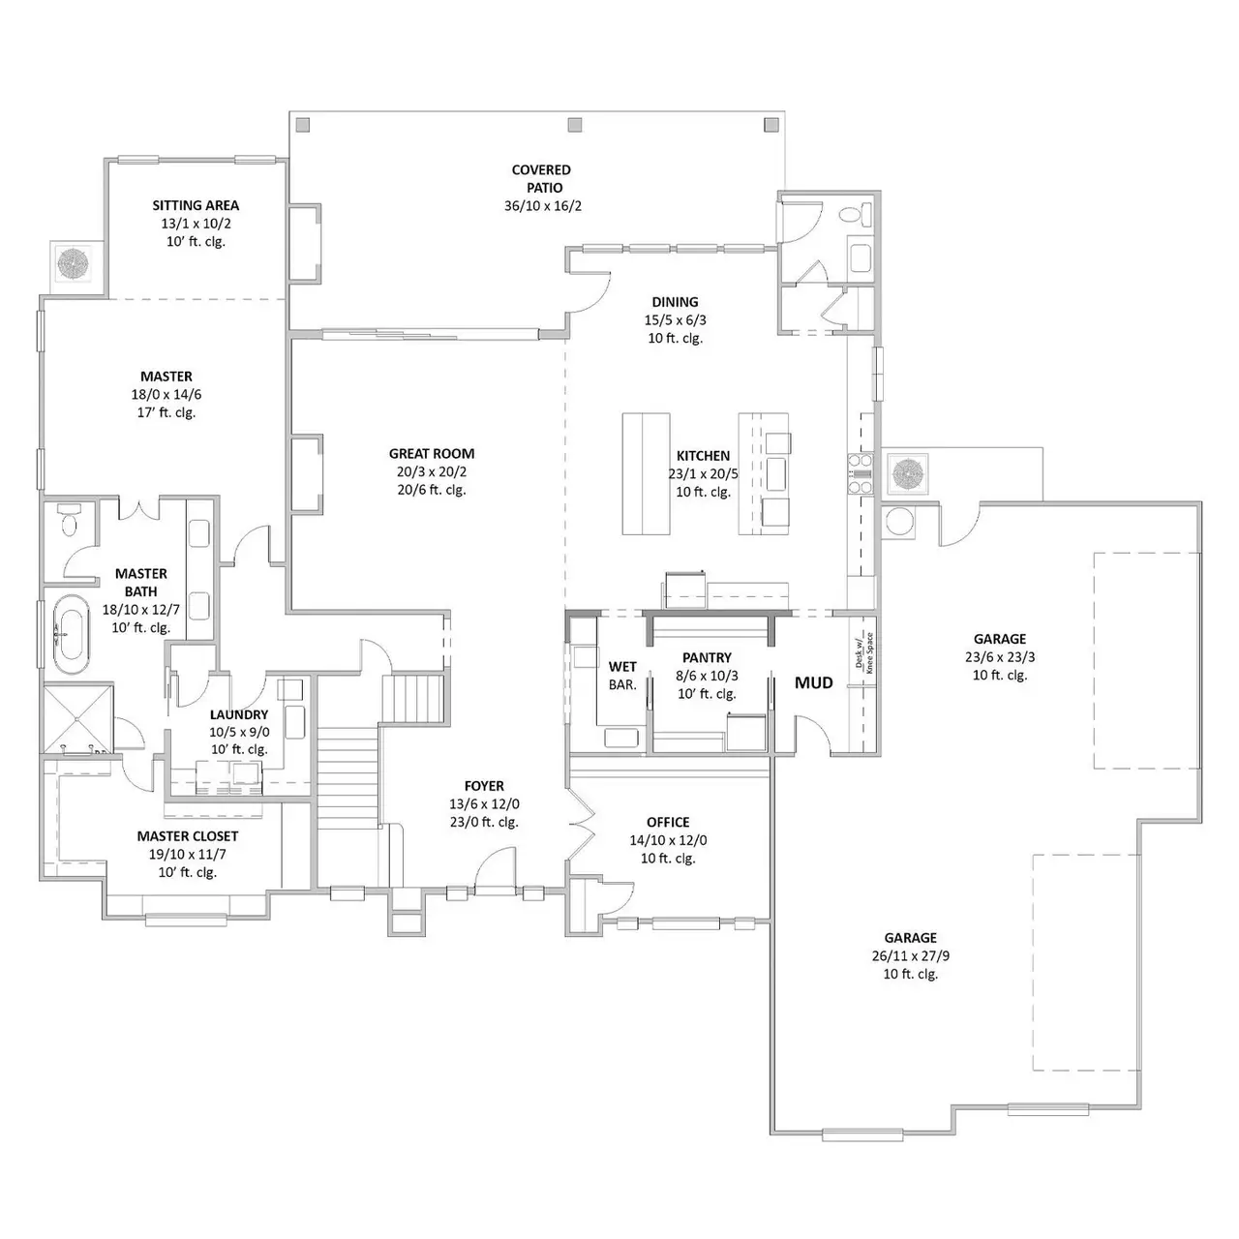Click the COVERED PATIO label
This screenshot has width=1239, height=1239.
(542, 178)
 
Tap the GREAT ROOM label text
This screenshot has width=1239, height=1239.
(432, 453)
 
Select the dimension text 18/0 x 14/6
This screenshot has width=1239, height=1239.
(166, 394)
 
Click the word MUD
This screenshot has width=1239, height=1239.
(813, 682)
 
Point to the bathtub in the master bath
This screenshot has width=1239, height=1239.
(69, 635)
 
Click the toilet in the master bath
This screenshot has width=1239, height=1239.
(69, 520)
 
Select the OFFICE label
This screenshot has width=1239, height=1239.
(668, 822)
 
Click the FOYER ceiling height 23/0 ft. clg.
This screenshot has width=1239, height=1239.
(484, 822)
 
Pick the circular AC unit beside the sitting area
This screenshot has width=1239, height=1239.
(73, 261)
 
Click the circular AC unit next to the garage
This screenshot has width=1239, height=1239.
(909, 473)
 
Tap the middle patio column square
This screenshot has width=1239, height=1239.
(575, 124)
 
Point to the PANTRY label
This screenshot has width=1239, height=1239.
(707, 657)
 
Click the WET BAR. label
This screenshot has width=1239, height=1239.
(622, 676)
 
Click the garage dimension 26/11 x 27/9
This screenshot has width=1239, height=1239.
(910, 955)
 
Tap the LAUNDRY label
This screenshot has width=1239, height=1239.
(239, 714)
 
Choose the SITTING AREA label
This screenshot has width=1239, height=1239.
(196, 205)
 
